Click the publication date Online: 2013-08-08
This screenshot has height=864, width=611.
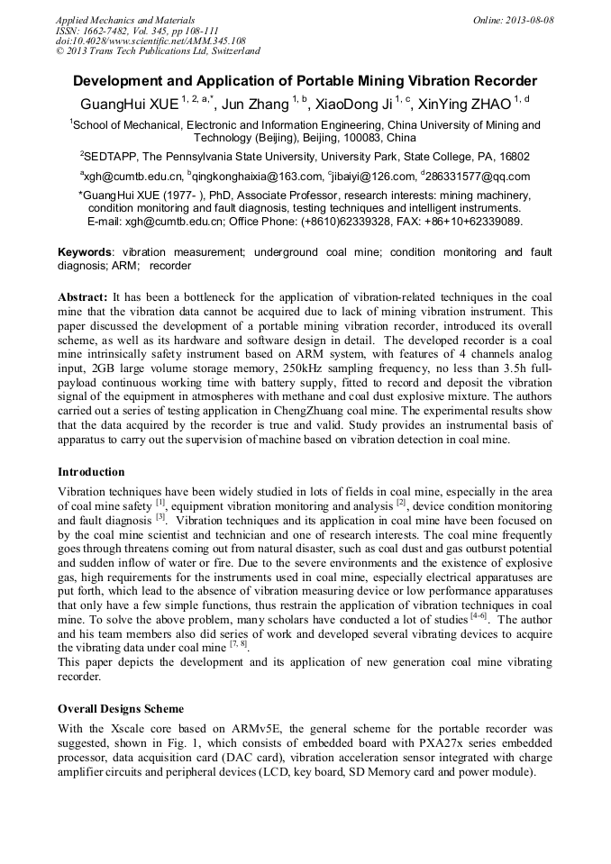tap(513, 20)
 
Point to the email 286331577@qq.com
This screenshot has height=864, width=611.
tap(478, 177)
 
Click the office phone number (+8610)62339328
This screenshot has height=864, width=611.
tap(356, 221)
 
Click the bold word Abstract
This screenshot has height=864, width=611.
tap(83, 296)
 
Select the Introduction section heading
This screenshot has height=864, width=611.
tap(91, 471)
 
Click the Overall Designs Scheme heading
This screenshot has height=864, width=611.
tap(121, 708)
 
